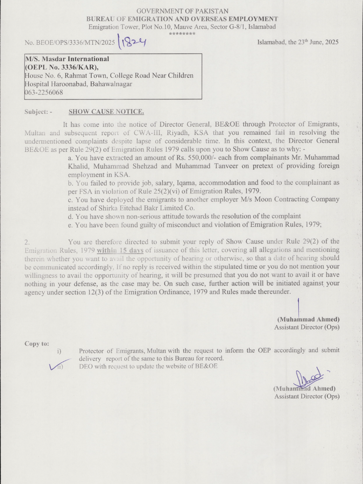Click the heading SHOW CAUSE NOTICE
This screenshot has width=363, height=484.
click(x=106, y=112)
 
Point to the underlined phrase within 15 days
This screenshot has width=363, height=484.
click(x=120, y=250)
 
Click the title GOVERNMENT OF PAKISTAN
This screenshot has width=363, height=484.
click(x=182, y=11)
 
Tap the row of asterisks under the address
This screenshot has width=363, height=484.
click(x=182, y=33)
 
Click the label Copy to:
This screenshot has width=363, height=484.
click(x=37, y=344)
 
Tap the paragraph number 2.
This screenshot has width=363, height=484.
click(x=27, y=242)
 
